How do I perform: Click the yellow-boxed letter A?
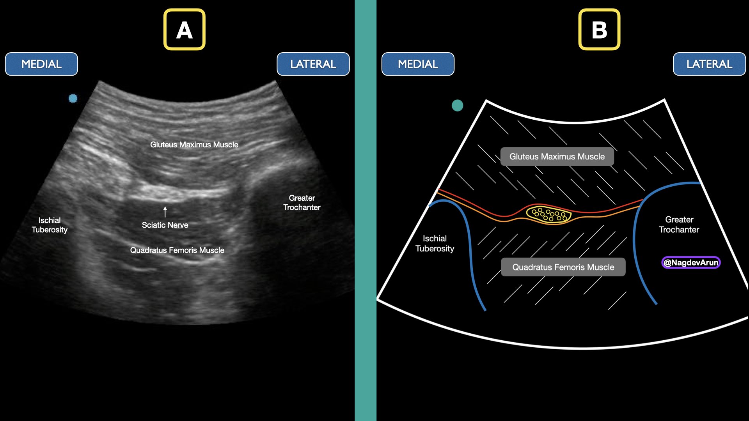pos(184,30)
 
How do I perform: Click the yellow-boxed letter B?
pos(599,30)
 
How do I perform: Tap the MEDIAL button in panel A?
pos(41,64)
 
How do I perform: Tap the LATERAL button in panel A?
pos(313,64)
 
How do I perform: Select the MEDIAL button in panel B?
pos(418,64)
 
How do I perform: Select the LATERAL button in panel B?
pos(709,64)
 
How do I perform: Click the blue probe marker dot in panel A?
pos(73,98)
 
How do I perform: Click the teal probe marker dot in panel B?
pos(457,105)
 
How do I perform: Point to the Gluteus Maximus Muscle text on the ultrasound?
pos(194,145)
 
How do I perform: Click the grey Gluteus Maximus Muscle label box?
pos(557,157)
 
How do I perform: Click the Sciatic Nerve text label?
pos(165,225)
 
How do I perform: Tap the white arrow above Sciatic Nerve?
pos(165,212)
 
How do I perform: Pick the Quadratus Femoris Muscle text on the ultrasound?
pos(177,250)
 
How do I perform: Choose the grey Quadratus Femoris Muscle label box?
pos(563,267)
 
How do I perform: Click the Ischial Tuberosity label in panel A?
pos(50,225)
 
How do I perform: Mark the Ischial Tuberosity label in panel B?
pos(435,243)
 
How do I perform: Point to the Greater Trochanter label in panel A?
pos(302,203)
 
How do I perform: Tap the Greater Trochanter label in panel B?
pos(679,225)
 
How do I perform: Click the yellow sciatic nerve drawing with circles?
pos(548,214)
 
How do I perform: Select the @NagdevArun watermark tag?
pos(691,262)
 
